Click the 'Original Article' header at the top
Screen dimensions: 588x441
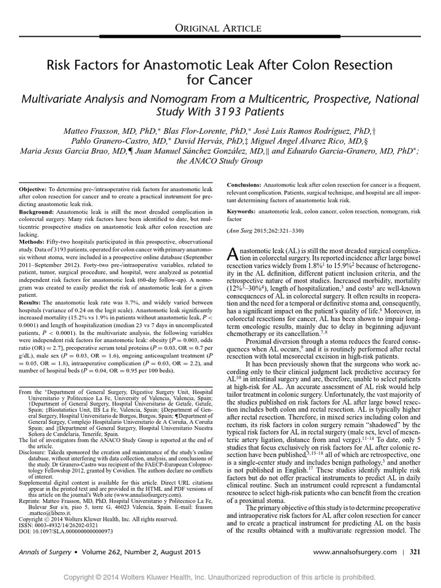[220, 28]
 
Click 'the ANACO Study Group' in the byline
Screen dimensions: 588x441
[220, 161]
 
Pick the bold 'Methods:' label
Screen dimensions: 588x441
[33, 249]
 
